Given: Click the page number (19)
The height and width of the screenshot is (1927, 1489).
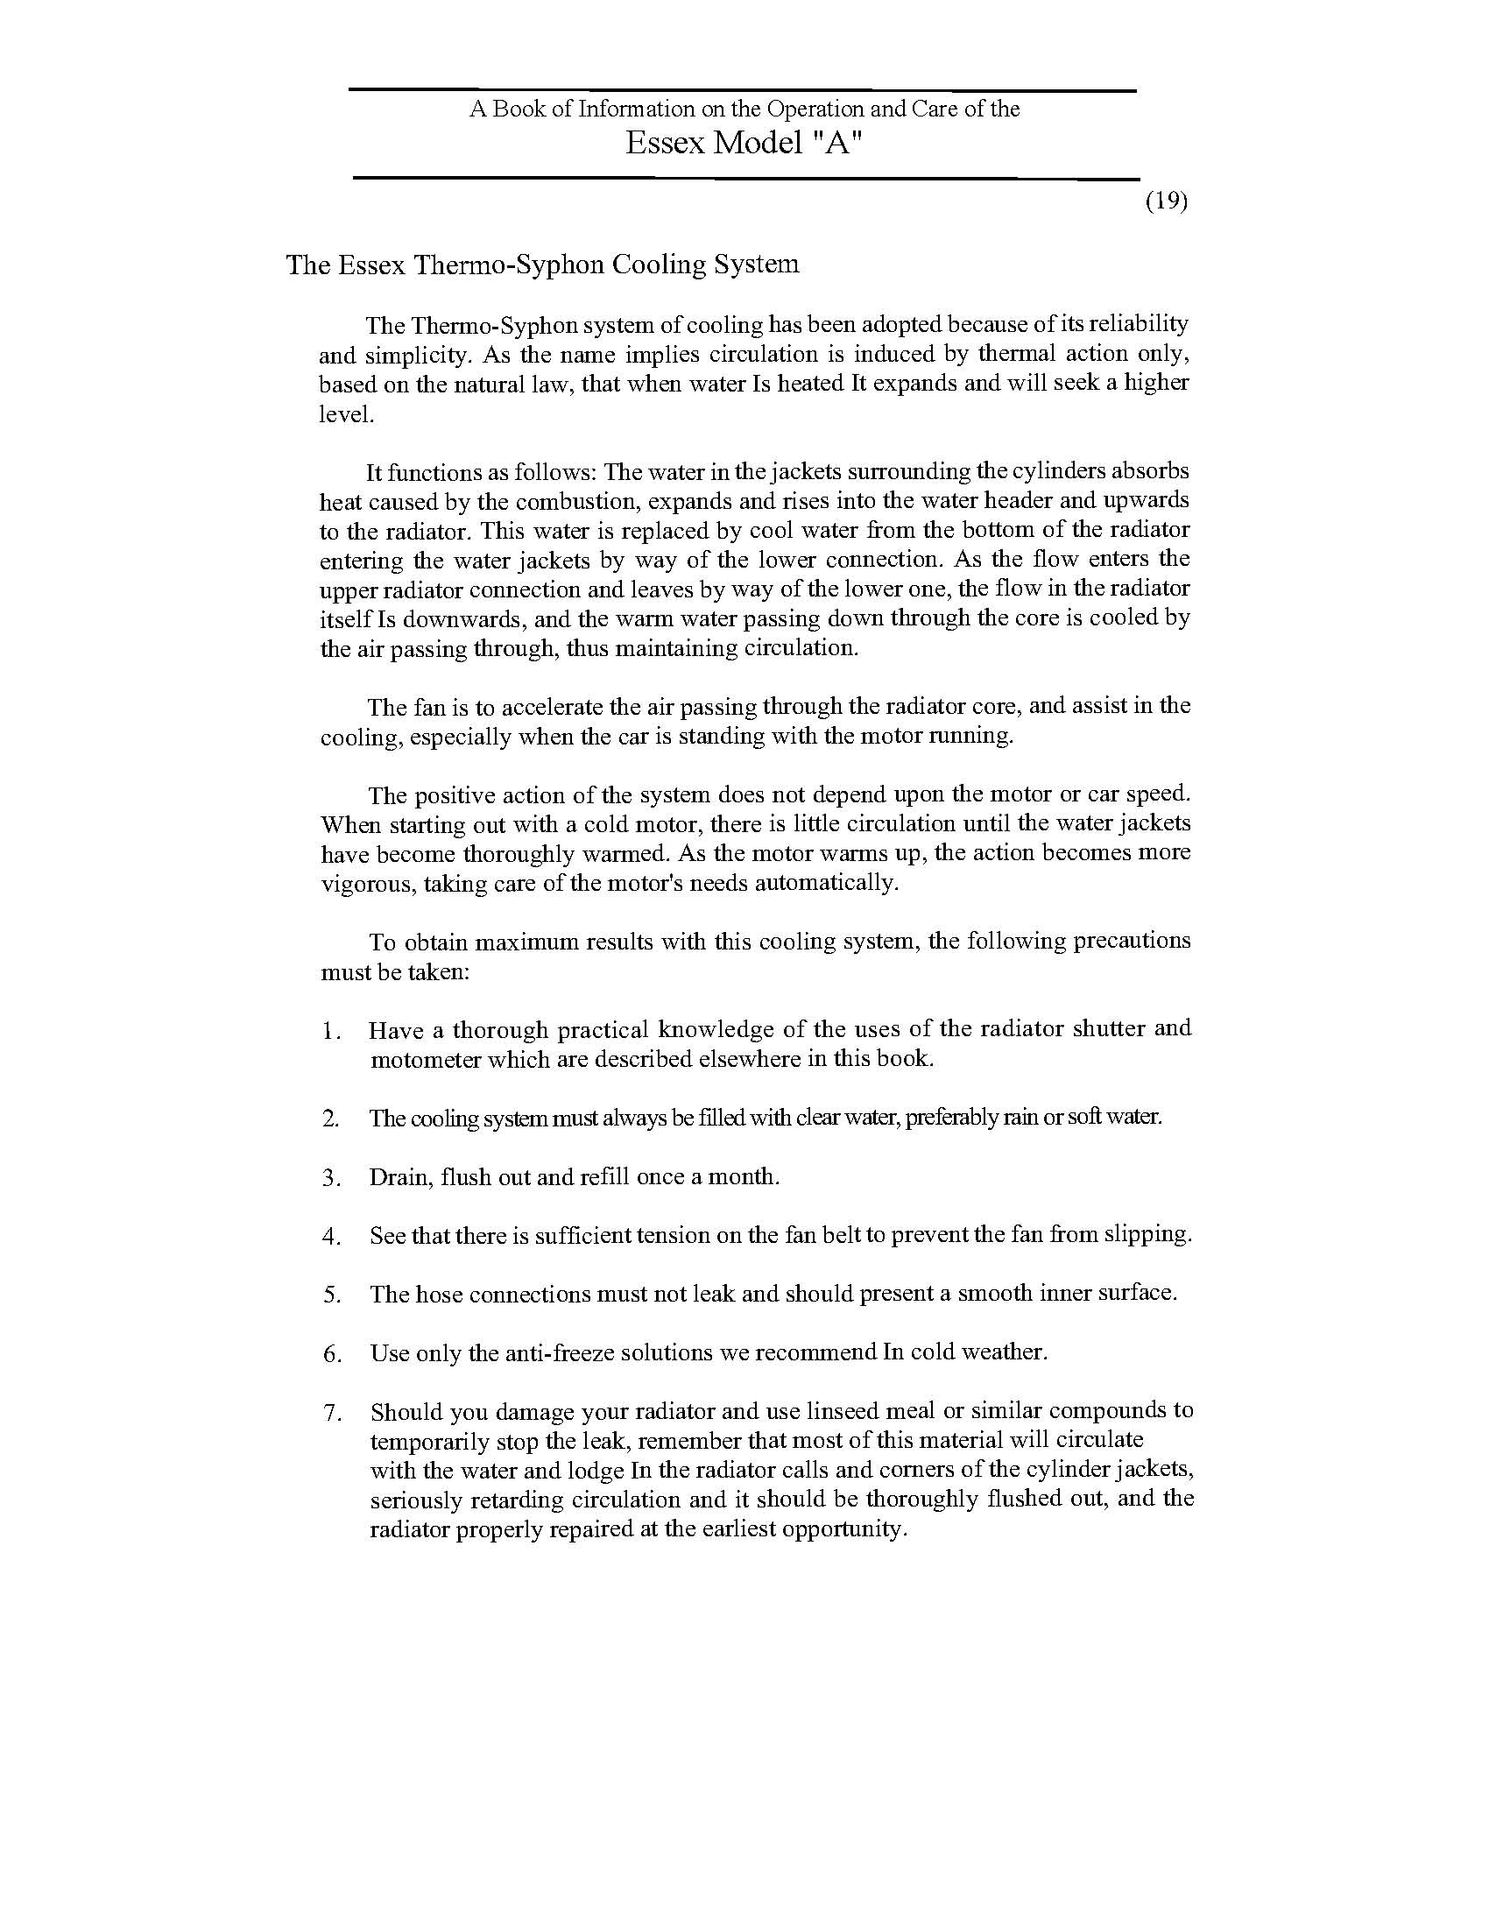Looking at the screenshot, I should [x=1166, y=201].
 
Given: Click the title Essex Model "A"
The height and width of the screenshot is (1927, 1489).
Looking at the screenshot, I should [x=743, y=143].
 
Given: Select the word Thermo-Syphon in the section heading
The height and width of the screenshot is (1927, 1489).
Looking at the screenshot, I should [x=509, y=265].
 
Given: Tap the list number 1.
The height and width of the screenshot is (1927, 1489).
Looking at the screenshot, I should [x=330, y=1031].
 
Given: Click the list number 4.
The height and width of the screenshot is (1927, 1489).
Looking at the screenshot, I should [x=331, y=1237].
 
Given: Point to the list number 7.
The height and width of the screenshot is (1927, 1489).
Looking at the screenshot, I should [x=331, y=1414].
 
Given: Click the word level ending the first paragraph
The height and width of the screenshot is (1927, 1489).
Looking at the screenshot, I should [x=345, y=413].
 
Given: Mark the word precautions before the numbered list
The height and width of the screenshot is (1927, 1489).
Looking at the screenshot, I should [x=1132, y=941].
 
